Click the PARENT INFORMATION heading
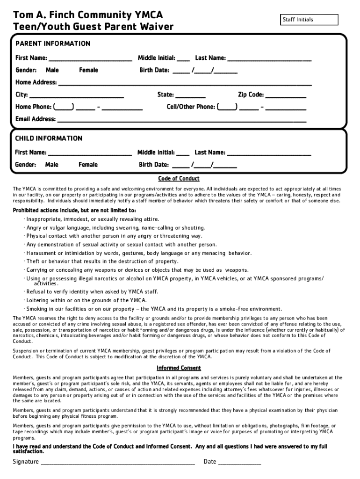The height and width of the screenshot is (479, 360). (x=53, y=44)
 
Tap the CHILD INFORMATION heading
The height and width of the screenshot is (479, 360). (x=49, y=138)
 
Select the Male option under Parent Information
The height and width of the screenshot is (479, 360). (x=52, y=70)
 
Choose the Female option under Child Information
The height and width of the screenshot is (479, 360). (x=88, y=165)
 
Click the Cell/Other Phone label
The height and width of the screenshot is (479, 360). (x=191, y=107)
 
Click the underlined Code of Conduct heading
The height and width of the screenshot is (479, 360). (x=179, y=179)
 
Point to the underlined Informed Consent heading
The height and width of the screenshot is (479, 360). (x=179, y=368)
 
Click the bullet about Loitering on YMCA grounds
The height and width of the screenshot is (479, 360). (x=86, y=300)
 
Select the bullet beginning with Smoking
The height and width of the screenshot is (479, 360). (x=154, y=309)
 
